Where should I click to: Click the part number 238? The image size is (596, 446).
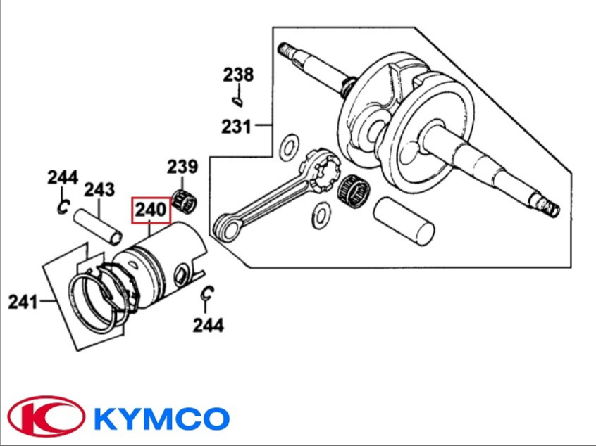pyautogui.click(x=238, y=75)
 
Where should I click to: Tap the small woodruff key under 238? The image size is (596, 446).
pyautogui.click(x=237, y=102)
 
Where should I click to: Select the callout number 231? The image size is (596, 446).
pyautogui.click(x=236, y=127)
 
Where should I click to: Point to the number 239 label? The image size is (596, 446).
pyautogui.click(x=183, y=166)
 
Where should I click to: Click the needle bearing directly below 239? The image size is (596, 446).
pyautogui.click(x=185, y=200)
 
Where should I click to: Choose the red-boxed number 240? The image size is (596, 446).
pyautogui.click(x=151, y=210)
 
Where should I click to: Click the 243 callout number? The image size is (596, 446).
pyautogui.click(x=99, y=190)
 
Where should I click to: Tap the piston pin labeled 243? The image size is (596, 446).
pyautogui.click(x=98, y=227)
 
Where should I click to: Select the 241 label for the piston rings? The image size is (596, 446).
pyautogui.click(x=23, y=302)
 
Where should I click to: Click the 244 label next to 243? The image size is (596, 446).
pyautogui.click(x=63, y=177)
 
